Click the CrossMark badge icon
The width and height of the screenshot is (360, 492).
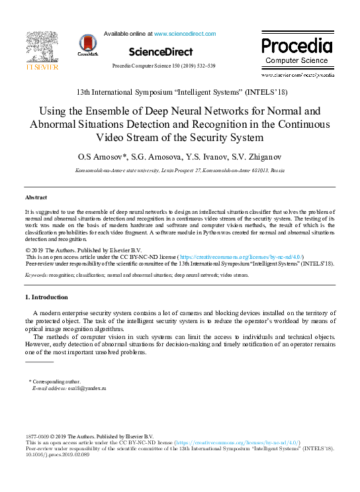point(87,44)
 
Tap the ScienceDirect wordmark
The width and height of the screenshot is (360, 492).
point(161,52)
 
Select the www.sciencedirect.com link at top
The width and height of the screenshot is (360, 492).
point(185,34)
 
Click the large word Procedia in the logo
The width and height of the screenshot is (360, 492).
point(296,46)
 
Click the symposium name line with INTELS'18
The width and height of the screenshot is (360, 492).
point(181,91)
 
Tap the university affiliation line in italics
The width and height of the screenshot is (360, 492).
point(180,171)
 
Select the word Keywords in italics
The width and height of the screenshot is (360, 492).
point(36,274)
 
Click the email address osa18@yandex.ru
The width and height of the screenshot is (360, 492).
point(87,389)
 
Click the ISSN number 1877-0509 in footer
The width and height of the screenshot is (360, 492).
point(37,436)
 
